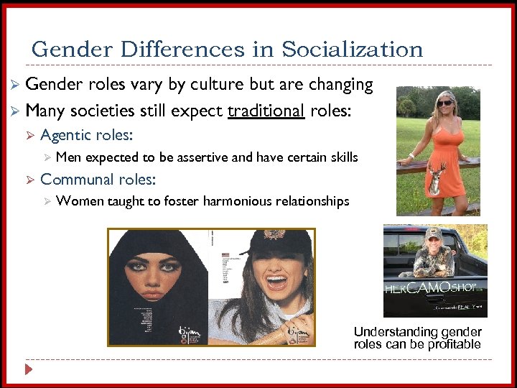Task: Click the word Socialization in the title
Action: click(x=352, y=50)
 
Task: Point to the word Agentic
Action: click(x=66, y=135)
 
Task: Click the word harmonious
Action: click(x=237, y=201)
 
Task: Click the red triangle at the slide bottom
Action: click(x=29, y=369)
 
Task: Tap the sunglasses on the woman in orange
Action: click(x=445, y=103)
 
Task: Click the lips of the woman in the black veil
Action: click(x=152, y=294)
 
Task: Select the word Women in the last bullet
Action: click(x=77, y=201)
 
